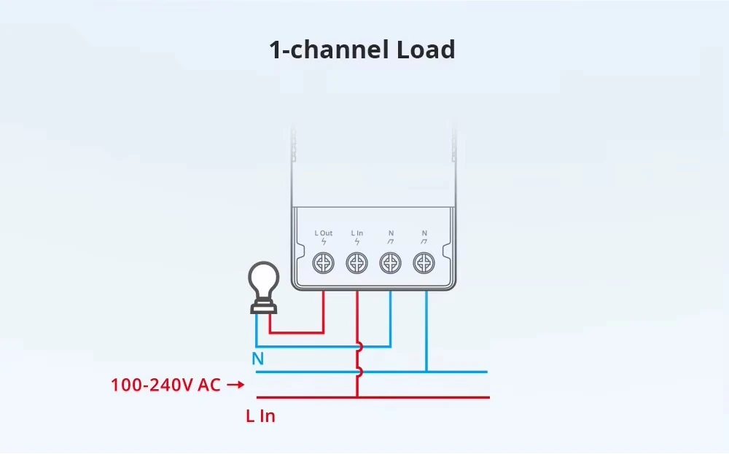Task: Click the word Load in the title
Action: [426, 50]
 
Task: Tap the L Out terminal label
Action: [324, 232]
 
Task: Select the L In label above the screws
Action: [357, 232]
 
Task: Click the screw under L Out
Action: [324, 263]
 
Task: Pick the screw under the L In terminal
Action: [357, 263]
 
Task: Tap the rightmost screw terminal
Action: [424, 263]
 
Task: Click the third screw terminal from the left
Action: [391, 263]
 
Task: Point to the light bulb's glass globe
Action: [264, 281]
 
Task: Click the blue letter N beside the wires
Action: [257, 359]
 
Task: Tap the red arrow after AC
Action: [235, 384]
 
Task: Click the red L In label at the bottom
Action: [260, 416]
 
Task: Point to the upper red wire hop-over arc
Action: [360, 347]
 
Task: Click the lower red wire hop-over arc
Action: [360, 372]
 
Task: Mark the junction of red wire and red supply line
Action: [357, 397]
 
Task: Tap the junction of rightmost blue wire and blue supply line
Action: [426, 372]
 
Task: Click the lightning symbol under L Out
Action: [324, 242]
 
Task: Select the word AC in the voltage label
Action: [209, 385]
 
